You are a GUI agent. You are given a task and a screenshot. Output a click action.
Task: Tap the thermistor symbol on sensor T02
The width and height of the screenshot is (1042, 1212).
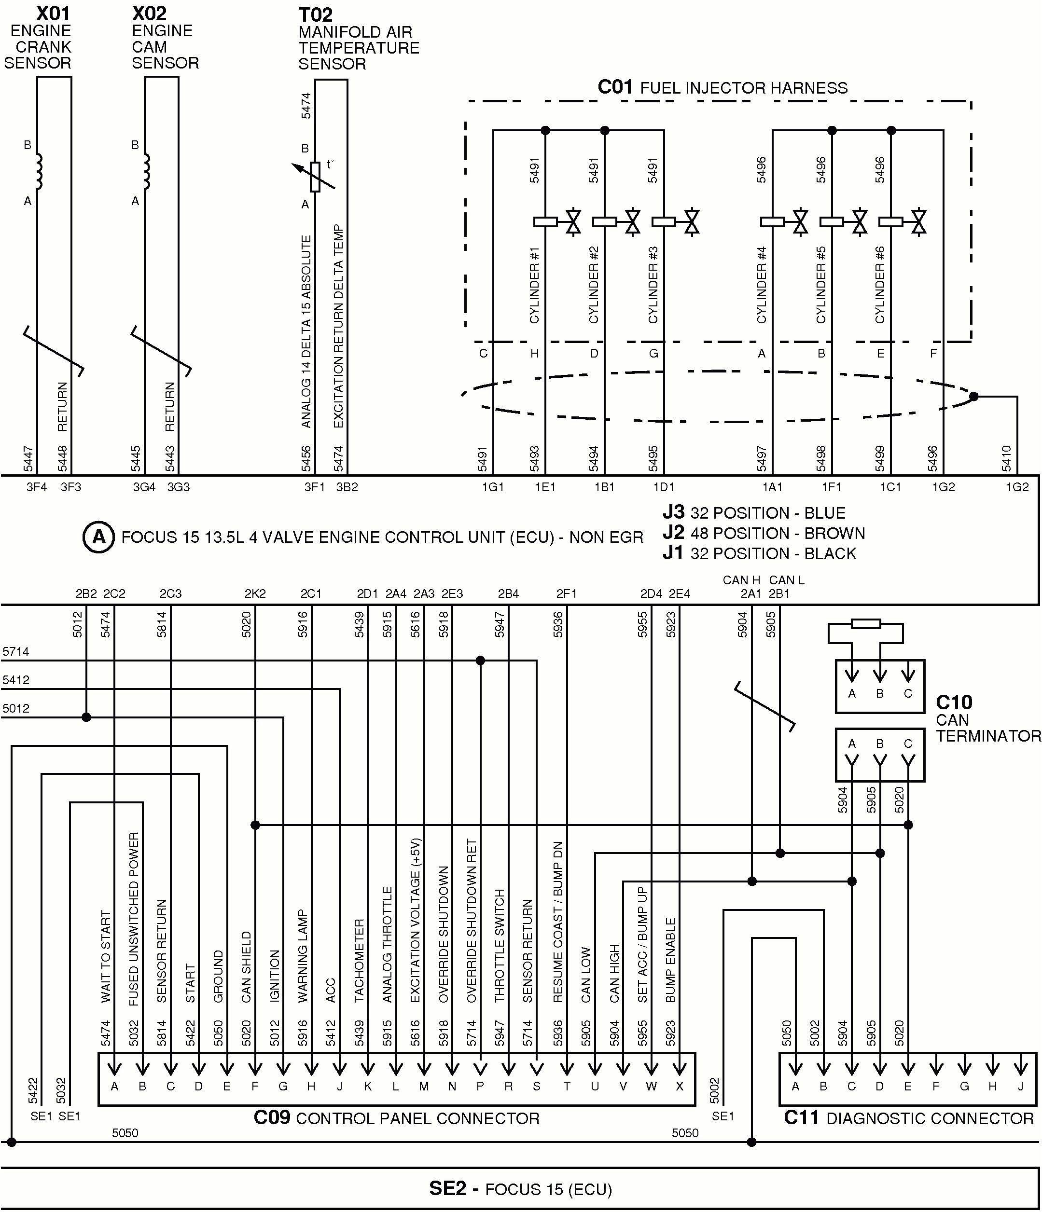coord(315,176)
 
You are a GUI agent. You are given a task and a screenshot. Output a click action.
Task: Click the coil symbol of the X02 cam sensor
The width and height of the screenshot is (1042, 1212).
coord(146,171)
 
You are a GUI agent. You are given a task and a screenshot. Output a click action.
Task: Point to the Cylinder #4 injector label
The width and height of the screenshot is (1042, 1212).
coord(761,284)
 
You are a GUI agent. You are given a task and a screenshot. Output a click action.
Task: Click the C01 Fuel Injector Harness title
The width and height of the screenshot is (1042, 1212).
coord(722,88)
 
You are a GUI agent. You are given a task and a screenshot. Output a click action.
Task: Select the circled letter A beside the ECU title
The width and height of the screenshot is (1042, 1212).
coord(98,537)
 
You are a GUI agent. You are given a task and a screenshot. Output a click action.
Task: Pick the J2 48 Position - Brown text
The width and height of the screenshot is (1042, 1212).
coord(764,533)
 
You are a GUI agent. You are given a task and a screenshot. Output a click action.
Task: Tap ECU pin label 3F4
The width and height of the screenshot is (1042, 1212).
coord(36,487)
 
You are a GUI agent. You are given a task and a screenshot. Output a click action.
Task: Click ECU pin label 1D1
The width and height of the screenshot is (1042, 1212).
coord(664,487)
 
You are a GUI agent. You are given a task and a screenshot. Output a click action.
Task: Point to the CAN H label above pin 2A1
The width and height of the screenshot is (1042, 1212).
coord(741,579)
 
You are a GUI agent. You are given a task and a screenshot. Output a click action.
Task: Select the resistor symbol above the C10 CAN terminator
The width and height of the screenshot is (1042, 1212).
coord(865,624)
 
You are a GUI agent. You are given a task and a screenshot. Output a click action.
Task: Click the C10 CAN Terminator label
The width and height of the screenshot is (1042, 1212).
coord(987,719)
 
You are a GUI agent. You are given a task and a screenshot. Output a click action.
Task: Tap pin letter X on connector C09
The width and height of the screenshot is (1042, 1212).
coord(679,1086)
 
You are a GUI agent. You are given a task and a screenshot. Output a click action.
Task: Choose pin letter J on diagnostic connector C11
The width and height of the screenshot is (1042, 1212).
coord(1020,1086)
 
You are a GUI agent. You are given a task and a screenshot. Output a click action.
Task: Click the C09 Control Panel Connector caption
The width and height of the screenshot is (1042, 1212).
coord(396,1118)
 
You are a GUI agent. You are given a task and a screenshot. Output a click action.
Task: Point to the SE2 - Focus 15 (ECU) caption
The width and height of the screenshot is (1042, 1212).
coord(520,1189)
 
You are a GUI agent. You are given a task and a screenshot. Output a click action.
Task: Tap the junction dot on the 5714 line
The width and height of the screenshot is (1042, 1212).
coord(480,661)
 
